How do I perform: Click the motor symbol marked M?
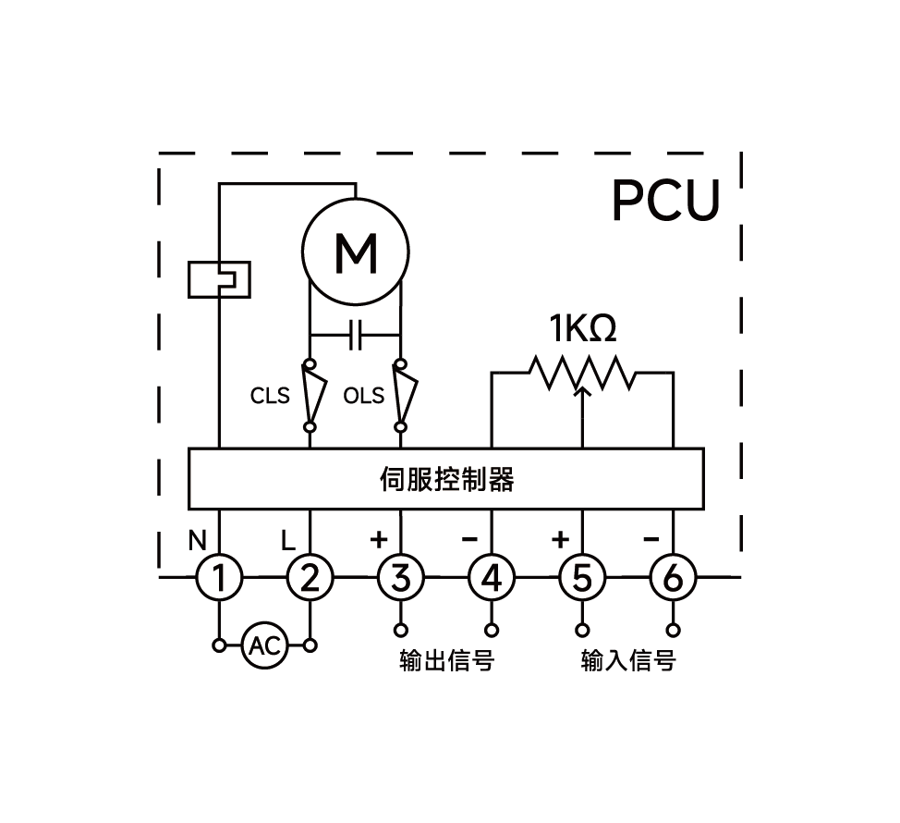click(356, 251)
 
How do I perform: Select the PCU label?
click(665, 201)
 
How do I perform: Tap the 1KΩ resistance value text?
click(582, 329)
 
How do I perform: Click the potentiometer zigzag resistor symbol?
click(582, 372)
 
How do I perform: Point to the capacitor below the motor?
click(355, 335)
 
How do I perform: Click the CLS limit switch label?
click(270, 396)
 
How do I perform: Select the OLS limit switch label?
click(363, 396)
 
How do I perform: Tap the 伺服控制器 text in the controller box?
click(446, 479)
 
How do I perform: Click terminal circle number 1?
click(219, 578)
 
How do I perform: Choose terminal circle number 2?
click(310, 578)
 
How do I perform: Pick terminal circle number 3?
click(400, 578)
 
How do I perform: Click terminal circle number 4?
click(492, 578)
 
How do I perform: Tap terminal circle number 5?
click(582, 578)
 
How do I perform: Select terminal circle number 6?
click(673, 578)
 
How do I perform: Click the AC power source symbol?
click(265, 645)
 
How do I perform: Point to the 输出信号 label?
click(446, 661)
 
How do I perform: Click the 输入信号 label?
click(628, 661)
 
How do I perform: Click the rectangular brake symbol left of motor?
click(219, 279)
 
